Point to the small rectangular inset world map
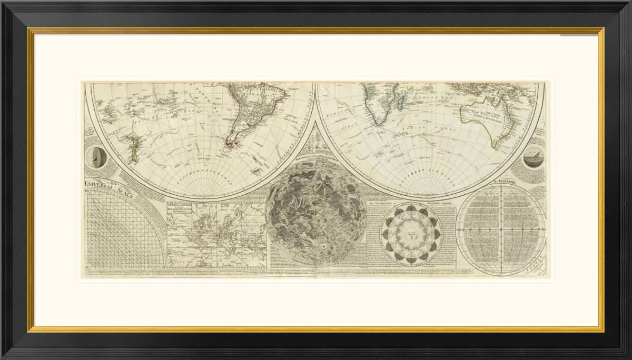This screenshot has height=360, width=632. point(216,235)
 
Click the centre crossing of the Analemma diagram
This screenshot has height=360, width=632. point(501,231)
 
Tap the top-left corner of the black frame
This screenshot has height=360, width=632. point(2,2)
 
